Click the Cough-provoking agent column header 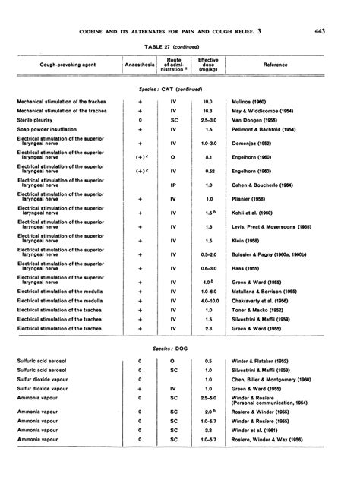coord(62,65)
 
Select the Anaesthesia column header coord(141,65)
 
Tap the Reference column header coord(275,65)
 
